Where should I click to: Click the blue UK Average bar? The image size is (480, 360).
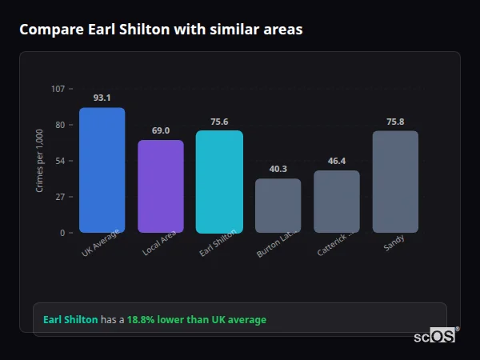[x=102, y=170]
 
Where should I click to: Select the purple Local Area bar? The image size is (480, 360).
[x=161, y=186]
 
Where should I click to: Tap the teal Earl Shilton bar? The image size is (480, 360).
[x=219, y=182]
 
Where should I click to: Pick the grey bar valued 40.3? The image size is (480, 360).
[x=278, y=206]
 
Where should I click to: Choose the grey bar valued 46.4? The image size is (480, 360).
[x=337, y=202]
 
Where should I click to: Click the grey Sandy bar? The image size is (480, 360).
[x=395, y=182]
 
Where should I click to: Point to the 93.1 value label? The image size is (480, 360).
[x=102, y=98]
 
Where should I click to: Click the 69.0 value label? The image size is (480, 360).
[x=161, y=130]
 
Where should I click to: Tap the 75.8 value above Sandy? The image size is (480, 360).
[x=395, y=122]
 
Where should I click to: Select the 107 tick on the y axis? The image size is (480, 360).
[x=58, y=88]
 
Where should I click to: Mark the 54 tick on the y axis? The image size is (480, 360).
[x=60, y=161]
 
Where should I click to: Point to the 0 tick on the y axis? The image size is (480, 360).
[x=62, y=233]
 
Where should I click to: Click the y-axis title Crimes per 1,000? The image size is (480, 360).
[x=40, y=161]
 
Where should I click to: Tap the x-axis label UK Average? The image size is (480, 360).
[x=101, y=244]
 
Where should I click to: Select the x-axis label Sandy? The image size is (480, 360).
[x=394, y=243]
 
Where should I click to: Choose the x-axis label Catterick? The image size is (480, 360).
[x=334, y=245]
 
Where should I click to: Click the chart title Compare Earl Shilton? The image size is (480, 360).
[x=161, y=30]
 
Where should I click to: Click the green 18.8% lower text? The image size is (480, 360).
[x=196, y=320]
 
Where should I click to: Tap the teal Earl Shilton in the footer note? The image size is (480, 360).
[x=70, y=320]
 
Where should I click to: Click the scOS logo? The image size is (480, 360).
[x=435, y=336]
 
